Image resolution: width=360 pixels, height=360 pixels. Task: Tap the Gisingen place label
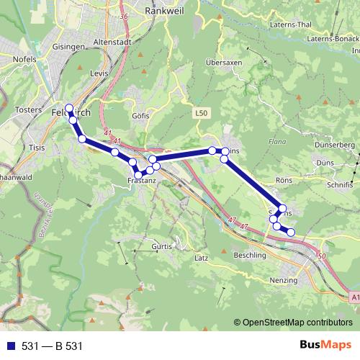click(69, 46)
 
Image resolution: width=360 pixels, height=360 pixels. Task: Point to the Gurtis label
click(163, 246)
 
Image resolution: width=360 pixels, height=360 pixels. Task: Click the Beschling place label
click(251, 255)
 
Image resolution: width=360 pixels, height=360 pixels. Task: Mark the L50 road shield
click(202, 113)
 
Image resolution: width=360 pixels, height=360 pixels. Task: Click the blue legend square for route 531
click(11, 346)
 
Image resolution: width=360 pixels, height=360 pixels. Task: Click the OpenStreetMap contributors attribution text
click(297, 323)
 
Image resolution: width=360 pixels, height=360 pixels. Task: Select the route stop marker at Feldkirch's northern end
click(69, 109)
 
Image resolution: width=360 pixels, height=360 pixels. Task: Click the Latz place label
click(201, 257)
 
